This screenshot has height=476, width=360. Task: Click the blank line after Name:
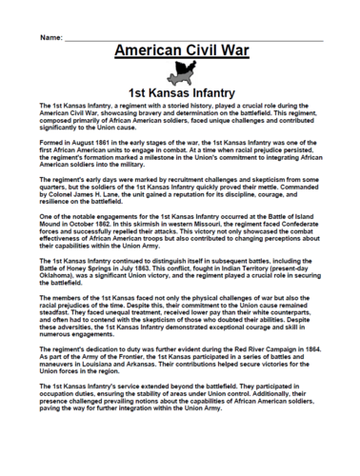pyautogui.click(x=190, y=38)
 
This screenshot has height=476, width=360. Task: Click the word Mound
pyautogui.click(x=46, y=226)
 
